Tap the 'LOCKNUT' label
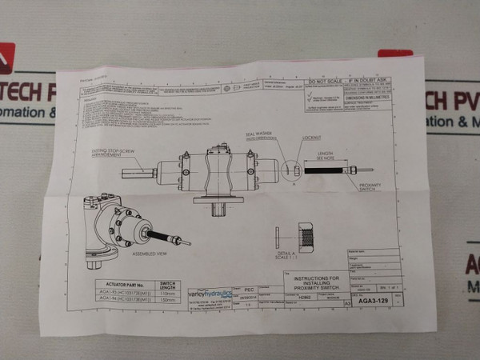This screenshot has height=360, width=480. [310, 138]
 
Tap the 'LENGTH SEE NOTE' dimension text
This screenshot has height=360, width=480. [325, 155]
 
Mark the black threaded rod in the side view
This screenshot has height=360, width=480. [322, 170]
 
